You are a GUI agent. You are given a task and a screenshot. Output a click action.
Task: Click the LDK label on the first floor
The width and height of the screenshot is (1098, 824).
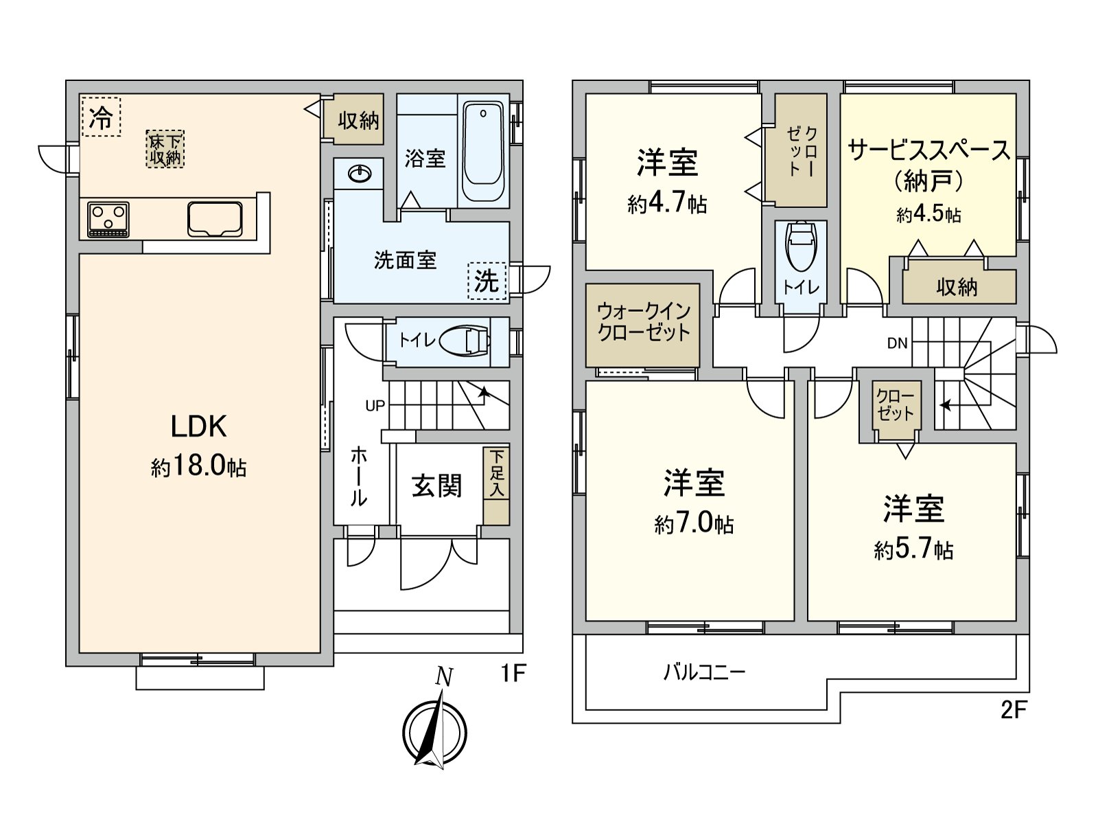pyautogui.click(x=198, y=426)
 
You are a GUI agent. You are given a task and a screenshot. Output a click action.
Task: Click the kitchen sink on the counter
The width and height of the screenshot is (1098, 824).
pyautogui.click(x=215, y=218)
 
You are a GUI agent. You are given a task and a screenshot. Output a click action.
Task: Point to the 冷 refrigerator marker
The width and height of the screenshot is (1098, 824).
pyautogui.click(x=100, y=117)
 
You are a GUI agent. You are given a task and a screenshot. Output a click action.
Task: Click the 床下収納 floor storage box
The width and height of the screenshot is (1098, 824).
pyautogui.click(x=165, y=149)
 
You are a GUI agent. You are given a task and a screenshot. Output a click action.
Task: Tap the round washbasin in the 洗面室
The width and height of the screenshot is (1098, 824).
pyautogui.click(x=359, y=174)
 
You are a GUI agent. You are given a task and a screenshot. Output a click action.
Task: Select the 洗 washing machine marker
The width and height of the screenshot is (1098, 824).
pyautogui.click(x=487, y=281)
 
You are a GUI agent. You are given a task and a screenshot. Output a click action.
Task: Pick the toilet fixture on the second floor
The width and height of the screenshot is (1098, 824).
pyautogui.click(x=800, y=245)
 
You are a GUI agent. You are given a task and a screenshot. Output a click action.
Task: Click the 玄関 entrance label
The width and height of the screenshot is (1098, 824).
pyautogui.click(x=437, y=486)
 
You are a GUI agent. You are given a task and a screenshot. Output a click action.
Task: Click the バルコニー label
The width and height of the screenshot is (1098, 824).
pyautogui.click(x=704, y=671)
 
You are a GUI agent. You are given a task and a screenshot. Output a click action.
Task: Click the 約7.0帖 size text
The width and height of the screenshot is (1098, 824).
pyautogui.click(x=694, y=525)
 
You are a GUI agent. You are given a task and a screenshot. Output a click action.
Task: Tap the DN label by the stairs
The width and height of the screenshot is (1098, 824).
pyautogui.click(x=897, y=343)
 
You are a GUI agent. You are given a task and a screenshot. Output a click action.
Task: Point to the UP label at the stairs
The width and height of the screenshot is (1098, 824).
pyautogui.click(x=375, y=406)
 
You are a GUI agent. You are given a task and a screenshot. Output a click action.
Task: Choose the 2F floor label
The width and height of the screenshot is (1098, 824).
pyautogui.click(x=1012, y=710)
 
